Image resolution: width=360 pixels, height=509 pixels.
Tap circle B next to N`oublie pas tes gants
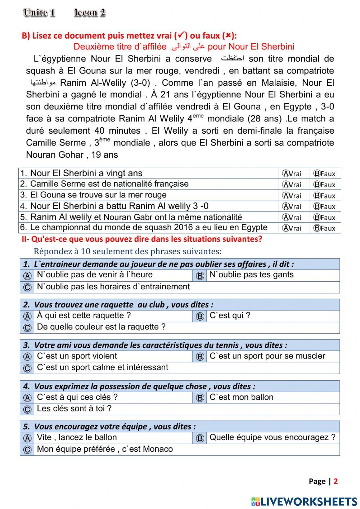[200, 276]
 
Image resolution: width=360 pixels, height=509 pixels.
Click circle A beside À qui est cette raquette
[27, 316]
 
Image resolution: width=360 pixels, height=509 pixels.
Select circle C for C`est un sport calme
[27, 368]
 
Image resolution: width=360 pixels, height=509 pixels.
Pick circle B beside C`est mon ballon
[200, 398]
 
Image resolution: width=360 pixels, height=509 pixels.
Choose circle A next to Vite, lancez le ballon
[27, 438]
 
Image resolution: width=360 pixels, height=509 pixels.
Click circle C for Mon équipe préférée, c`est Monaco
[27, 450]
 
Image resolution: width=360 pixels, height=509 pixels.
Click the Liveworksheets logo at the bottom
[304, 501]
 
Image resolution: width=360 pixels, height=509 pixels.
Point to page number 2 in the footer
[336, 481]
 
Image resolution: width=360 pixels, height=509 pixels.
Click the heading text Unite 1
[39, 13]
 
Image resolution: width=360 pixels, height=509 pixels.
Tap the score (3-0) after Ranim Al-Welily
[140, 83]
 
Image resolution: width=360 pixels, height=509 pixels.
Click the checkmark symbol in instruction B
[180, 35]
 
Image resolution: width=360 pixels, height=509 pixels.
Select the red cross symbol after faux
[228, 36]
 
